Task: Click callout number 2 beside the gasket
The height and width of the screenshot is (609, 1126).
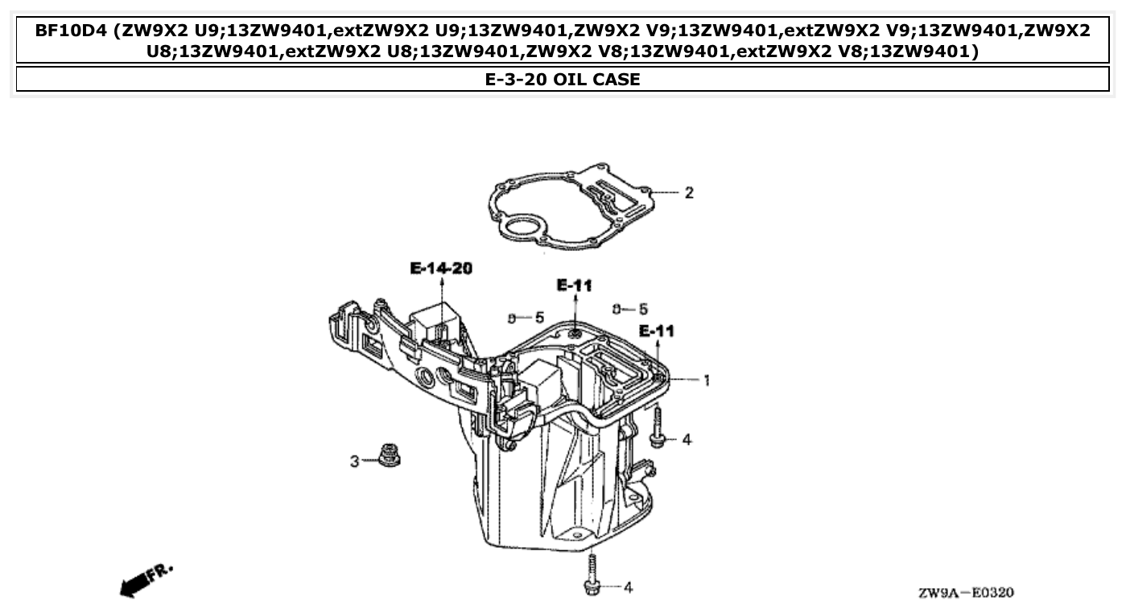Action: pos(689,193)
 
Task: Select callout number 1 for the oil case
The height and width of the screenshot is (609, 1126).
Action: pos(707,380)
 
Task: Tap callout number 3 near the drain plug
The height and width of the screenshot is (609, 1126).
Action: pos(354,462)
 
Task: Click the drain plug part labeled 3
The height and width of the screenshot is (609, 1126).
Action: pos(390,456)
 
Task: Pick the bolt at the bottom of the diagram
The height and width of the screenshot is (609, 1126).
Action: pos(591,576)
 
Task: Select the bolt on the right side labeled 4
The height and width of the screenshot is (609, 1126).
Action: pos(657,427)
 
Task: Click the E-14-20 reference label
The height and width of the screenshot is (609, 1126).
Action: pos(440,269)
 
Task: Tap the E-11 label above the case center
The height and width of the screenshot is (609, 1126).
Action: pos(574,285)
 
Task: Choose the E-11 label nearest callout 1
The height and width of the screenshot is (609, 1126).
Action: pos(657,331)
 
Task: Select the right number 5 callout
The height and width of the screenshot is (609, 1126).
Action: pos(643,309)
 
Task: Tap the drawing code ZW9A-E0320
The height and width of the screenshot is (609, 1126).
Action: pos(965,593)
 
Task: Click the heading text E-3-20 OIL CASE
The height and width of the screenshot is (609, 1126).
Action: pos(563,80)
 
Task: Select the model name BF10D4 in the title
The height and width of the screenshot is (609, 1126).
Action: pos(71,31)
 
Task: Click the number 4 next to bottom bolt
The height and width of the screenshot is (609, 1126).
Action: pos(628,588)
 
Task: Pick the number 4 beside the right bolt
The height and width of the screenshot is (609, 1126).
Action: pos(686,440)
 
